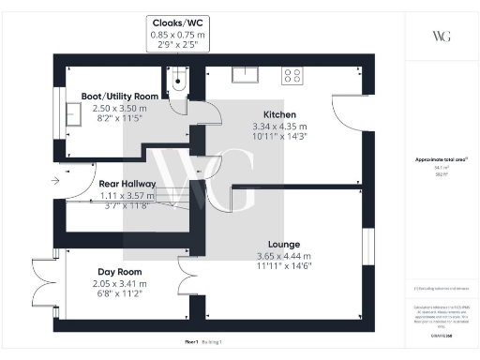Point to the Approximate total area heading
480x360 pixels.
441,162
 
